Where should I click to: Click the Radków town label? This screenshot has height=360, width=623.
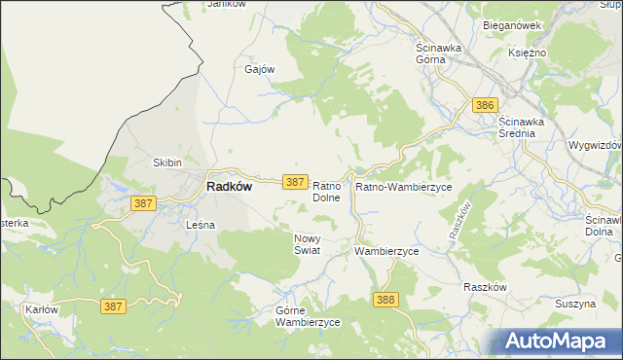pos(229,188)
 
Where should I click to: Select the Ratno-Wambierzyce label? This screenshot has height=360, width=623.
pos(403,186)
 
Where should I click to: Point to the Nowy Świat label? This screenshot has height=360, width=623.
pos(307,244)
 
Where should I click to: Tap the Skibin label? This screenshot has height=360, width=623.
pos(167,162)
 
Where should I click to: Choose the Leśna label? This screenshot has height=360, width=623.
pos(200,225)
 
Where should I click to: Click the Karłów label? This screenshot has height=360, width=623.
pos(39,309)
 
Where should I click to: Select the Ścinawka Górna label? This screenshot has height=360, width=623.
pos(444,53)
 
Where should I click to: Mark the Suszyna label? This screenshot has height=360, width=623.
pos(574,305)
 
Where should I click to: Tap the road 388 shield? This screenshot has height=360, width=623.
pos(385,300)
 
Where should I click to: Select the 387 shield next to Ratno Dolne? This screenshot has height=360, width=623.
pos(297,182)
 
